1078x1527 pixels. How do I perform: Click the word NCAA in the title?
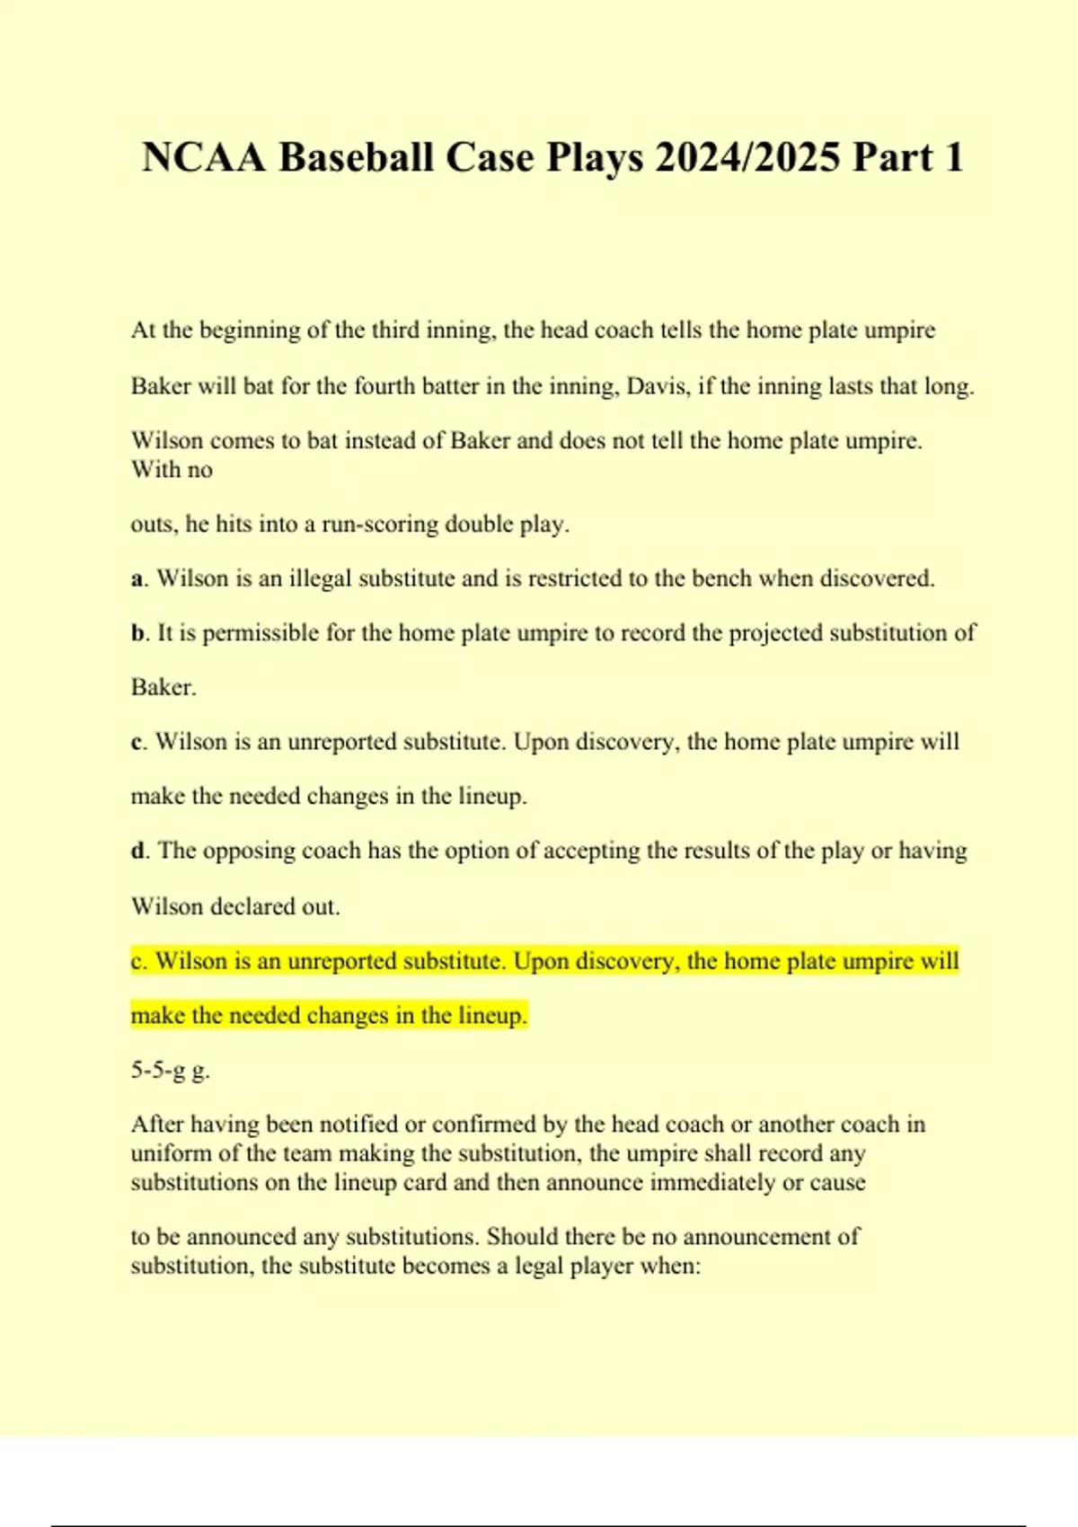point(204,158)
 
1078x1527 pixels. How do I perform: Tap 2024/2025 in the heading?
point(747,158)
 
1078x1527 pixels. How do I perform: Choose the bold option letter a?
point(137,579)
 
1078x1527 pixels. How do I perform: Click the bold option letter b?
point(137,633)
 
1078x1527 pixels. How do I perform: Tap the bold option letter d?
point(137,851)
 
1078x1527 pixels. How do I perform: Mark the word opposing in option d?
point(249,851)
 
